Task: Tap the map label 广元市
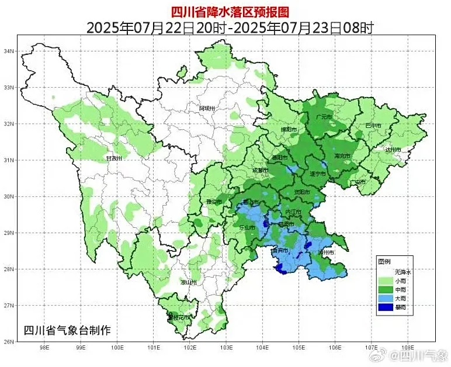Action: coord(323,117)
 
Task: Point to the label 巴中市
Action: coord(373,126)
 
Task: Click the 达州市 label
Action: coord(393,150)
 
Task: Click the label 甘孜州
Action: coord(113,158)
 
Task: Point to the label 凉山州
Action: coord(188,282)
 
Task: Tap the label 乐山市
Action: coord(247,227)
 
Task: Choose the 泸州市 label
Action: coord(325,252)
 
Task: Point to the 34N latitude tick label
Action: coord(9,51)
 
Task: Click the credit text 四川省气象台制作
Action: coord(67,330)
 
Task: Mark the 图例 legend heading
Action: coord(384,261)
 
